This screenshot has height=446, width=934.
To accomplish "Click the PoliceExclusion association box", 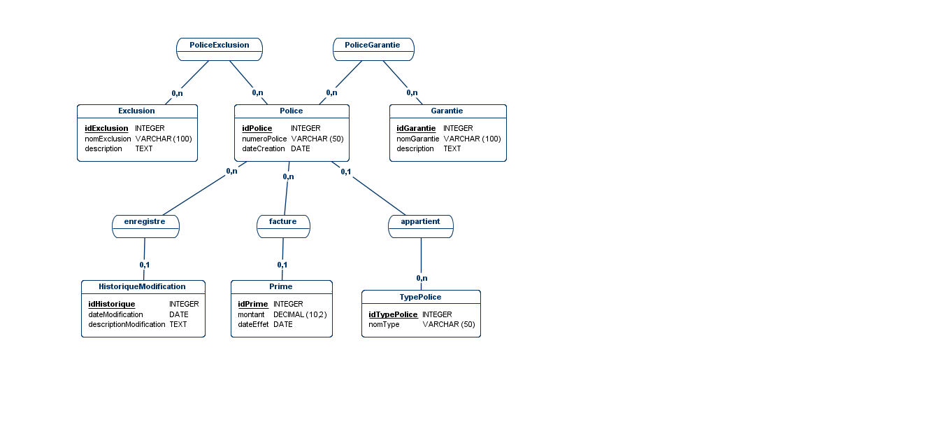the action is tap(220, 49).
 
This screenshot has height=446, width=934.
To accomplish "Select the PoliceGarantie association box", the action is tap(373, 49).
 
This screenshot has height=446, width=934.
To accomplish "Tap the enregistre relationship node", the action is tap(145, 226).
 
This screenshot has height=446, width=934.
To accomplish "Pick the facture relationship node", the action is tap(283, 226).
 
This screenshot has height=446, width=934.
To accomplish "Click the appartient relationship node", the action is tap(421, 226).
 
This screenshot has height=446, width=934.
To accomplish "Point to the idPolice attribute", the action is tap(257, 128).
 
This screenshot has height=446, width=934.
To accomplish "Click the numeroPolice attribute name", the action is tap(264, 139).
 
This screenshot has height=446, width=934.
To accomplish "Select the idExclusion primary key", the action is tap(106, 128).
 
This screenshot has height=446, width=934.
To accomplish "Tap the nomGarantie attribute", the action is tap(418, 139).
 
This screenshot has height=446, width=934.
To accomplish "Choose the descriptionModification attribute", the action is tap(127, 324).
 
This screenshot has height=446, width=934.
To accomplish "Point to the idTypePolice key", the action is tap(393, 314).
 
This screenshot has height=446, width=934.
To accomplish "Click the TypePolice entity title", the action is tap(420, 297).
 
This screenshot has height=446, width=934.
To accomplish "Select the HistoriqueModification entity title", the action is tap(142, 286).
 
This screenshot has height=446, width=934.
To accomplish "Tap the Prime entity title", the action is tap(280, 286).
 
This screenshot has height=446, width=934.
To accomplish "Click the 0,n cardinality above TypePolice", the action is tap(422, 278).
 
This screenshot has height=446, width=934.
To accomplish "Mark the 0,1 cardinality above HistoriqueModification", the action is tap(144, 265).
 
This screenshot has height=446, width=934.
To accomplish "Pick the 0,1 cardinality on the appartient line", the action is tap(345, 172).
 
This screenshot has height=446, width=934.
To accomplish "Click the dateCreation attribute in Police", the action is tap(264, 148).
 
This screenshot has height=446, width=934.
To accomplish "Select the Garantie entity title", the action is tap(447, 111).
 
